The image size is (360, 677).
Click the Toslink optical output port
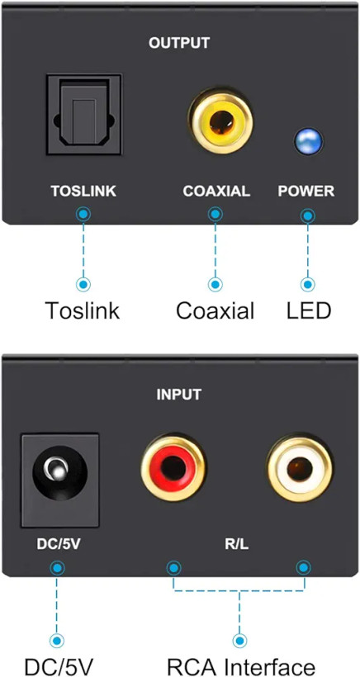[84, 114]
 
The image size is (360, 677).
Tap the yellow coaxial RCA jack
[221, 121]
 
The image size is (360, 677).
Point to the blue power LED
[309, 142]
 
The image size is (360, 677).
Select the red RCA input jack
[173, 467]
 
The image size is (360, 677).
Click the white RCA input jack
[300, 469]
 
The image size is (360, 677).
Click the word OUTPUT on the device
[179, 43]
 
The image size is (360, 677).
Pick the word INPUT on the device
[178, 395]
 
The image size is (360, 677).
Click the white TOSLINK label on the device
[83, 192]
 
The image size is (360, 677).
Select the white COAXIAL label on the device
[216, 192]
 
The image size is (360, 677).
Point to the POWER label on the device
[306, 192]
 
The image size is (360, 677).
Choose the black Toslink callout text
[83, 310]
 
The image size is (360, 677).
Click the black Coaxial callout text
[215, 310]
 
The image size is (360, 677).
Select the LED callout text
[309, 310]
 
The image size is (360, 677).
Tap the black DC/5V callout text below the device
[59, 666]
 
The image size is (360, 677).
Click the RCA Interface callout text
[241, 666]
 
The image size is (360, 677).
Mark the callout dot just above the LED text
[308, 284]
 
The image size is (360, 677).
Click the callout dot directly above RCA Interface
[239, 641]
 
